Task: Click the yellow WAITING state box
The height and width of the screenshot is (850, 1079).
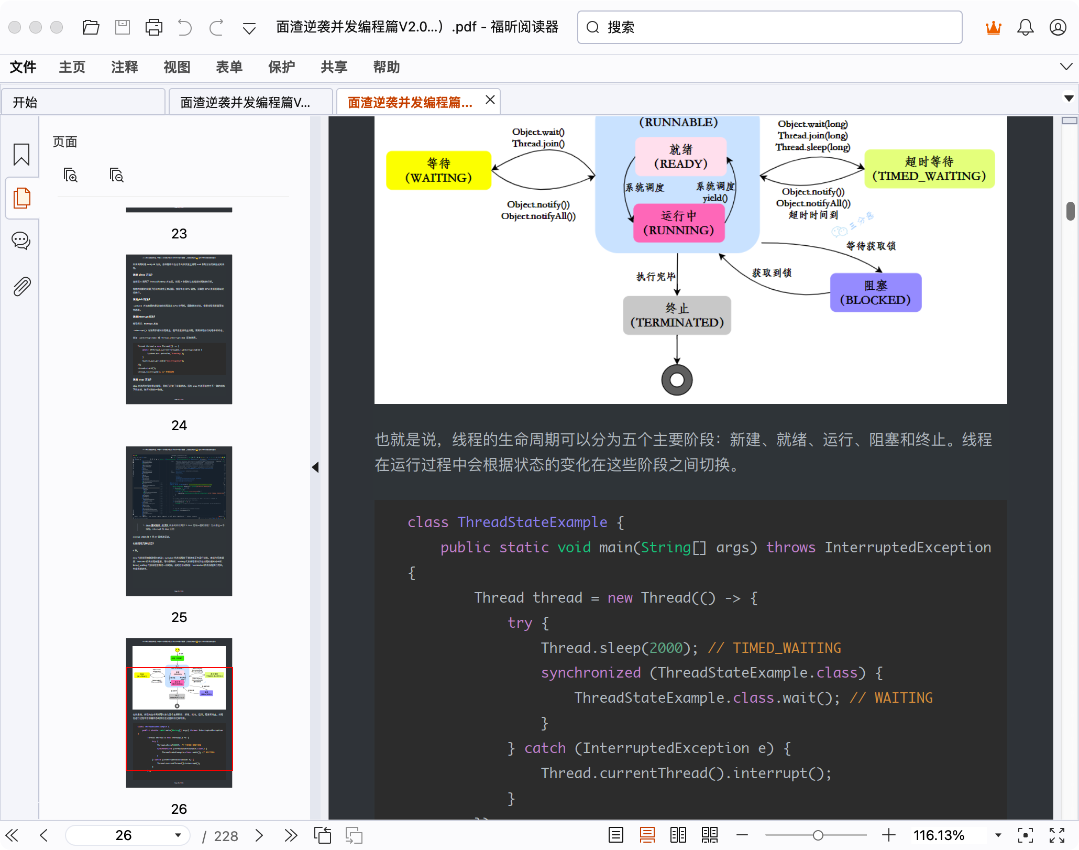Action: pyautogui.click(x=438, y=170)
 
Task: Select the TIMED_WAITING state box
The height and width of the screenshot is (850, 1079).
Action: pyautogui.click(x=929, y=169)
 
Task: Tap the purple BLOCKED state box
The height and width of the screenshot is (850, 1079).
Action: pyautogui.click(x=875, y=292)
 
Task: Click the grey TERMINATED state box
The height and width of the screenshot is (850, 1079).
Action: pyautogui.click(x=677, y=315)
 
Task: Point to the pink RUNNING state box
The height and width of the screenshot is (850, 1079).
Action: pyautogui.click(x=679, y=223)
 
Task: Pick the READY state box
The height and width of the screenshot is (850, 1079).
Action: pyautogui.click(x=680, y=157)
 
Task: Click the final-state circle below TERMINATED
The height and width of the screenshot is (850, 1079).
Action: pyautogui.click(x=677, y=380)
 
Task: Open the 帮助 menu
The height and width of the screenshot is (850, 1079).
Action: pyautogui.click(x=386, y=67)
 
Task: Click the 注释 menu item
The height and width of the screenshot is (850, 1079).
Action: pyautogui.click(x=124, y=67)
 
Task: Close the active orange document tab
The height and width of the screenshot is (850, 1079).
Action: pyautogui.click(x=490, y=100)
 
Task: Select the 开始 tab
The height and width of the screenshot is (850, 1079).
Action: pyautogui.click(x=84, y=102)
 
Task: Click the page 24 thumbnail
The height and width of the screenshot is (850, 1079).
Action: pyautogui.click(x=179, y=329)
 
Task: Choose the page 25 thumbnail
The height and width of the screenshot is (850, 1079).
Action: pyautogui.click(x=179, y=521)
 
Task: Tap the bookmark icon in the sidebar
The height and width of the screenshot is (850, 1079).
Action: pyautogui.click(x=21, y=155)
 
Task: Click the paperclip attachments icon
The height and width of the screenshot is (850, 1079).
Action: pyautogui.click(x=21, y=287)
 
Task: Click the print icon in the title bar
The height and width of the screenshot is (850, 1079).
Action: pyautogui.click(x=153, y=27)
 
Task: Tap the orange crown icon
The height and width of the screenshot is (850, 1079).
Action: pyautogui.click(x=993, y=27)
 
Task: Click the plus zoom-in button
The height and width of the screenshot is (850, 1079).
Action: pyautogui.click(x=888, y=835)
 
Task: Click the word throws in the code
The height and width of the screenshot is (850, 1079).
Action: pyautogui.click(x=790, y=548)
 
